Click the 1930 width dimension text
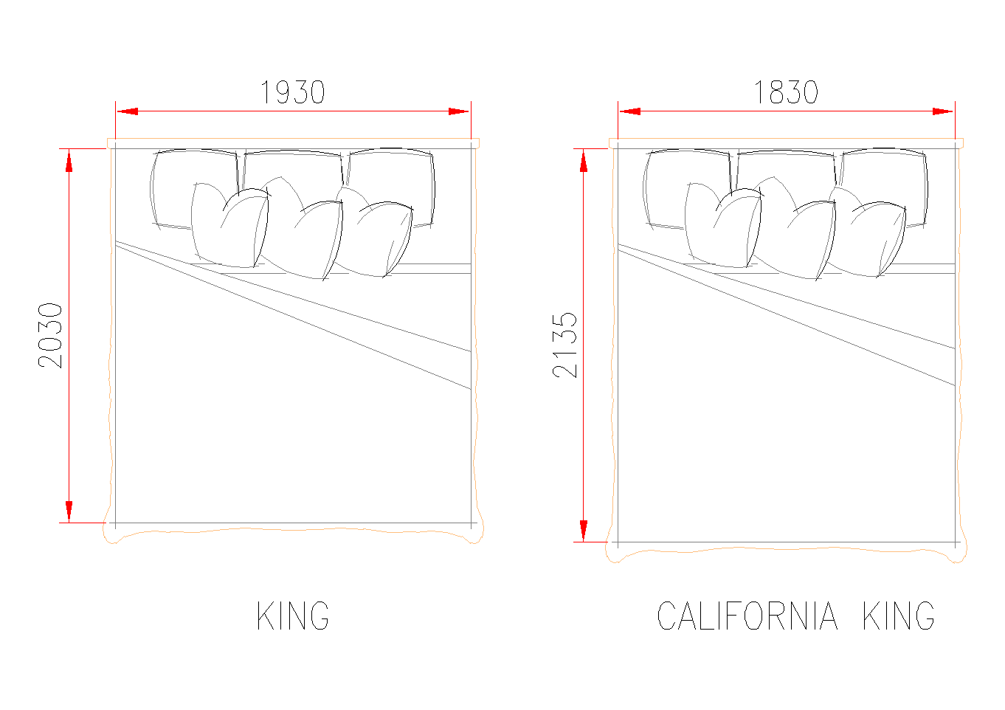pos(292,92)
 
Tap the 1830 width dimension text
pos(786,92)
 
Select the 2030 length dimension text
pos(50,336)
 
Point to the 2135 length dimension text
pos(565,345)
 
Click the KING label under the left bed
pos(293,616)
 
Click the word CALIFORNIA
pos(747,616)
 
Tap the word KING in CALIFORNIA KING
pos(899,616)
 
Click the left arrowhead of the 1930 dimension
pos(127,111)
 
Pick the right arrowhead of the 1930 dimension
pos(459,111)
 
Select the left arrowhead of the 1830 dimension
pos(629,111)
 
